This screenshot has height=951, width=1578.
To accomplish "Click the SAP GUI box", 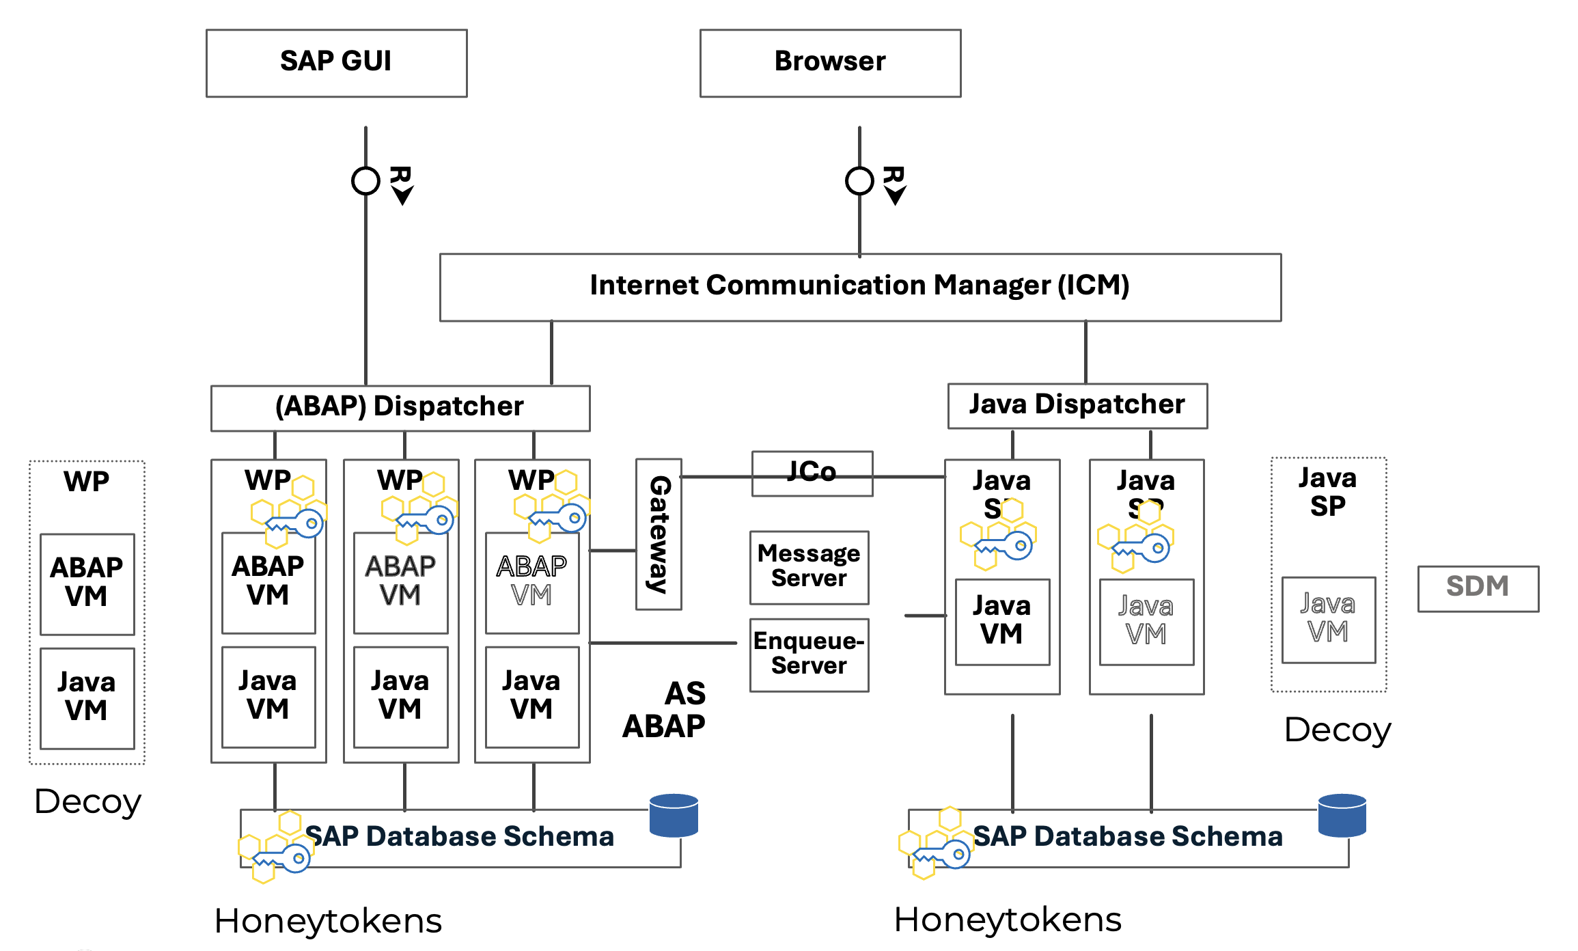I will pos(336,63).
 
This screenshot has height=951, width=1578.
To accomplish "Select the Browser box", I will pos(830,63).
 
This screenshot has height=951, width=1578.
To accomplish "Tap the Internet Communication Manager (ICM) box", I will pos(860,287).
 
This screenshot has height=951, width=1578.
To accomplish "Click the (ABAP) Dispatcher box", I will pos(400,408).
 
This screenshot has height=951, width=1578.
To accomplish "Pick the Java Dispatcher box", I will pos(1077,406).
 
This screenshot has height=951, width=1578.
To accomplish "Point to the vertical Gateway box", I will pos(659,534).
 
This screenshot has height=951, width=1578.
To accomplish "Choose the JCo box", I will pos(812,473).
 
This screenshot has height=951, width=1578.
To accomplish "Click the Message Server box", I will pos(809,567).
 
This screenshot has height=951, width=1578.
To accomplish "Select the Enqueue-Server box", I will pos(809,654).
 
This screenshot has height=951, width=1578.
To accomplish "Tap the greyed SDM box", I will pos(1478,588).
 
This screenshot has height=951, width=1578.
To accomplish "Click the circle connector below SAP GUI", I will pos(365,181).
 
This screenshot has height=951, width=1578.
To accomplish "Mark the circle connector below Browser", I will pos(859,181).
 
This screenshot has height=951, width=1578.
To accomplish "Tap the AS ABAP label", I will pos(665,711).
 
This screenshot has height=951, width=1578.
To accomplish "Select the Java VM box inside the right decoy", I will pos(1328,620).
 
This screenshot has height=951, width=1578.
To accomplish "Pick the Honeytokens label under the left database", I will pos(328,921).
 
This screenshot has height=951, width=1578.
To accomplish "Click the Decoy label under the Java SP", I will pos(1337,730).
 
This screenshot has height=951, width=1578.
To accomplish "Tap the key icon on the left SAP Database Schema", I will pos(282,858).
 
